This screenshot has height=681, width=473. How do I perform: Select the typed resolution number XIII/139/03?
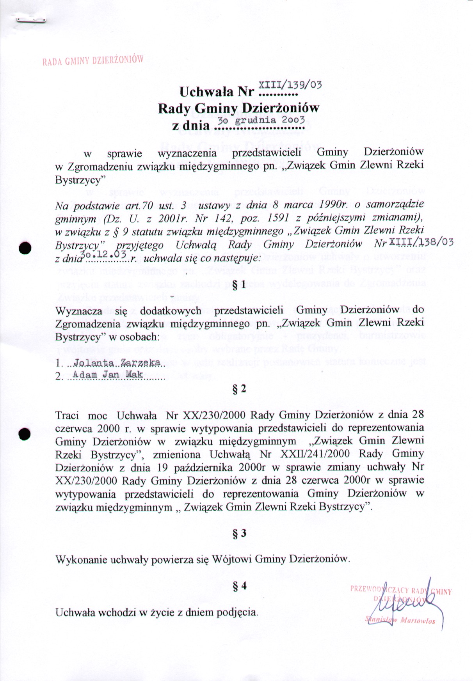pyautogui.click(x=290, y=85)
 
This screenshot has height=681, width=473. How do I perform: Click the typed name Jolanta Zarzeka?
pyautogui.click(x=117, y=363)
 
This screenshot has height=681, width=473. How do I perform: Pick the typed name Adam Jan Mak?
pyautogui.click(x=108, y=375)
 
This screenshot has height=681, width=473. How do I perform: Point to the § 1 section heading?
pyautogui.click(x=239, y=285)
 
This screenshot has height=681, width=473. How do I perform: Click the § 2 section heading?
pyautogui.click(x=239, y=389)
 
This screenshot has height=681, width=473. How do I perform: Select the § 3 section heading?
pyautogui.click(x=239, y=533)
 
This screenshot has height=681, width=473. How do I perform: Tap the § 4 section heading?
pyautogui.click(x=239, y=586)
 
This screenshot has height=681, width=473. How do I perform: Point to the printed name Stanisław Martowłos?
pyautogui.click(x=400, y=620)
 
